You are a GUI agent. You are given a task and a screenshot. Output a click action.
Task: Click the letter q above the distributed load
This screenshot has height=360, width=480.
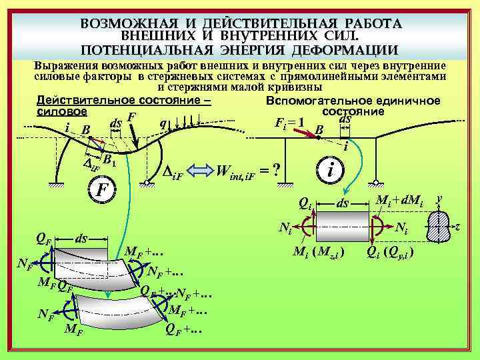pos(163,123)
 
